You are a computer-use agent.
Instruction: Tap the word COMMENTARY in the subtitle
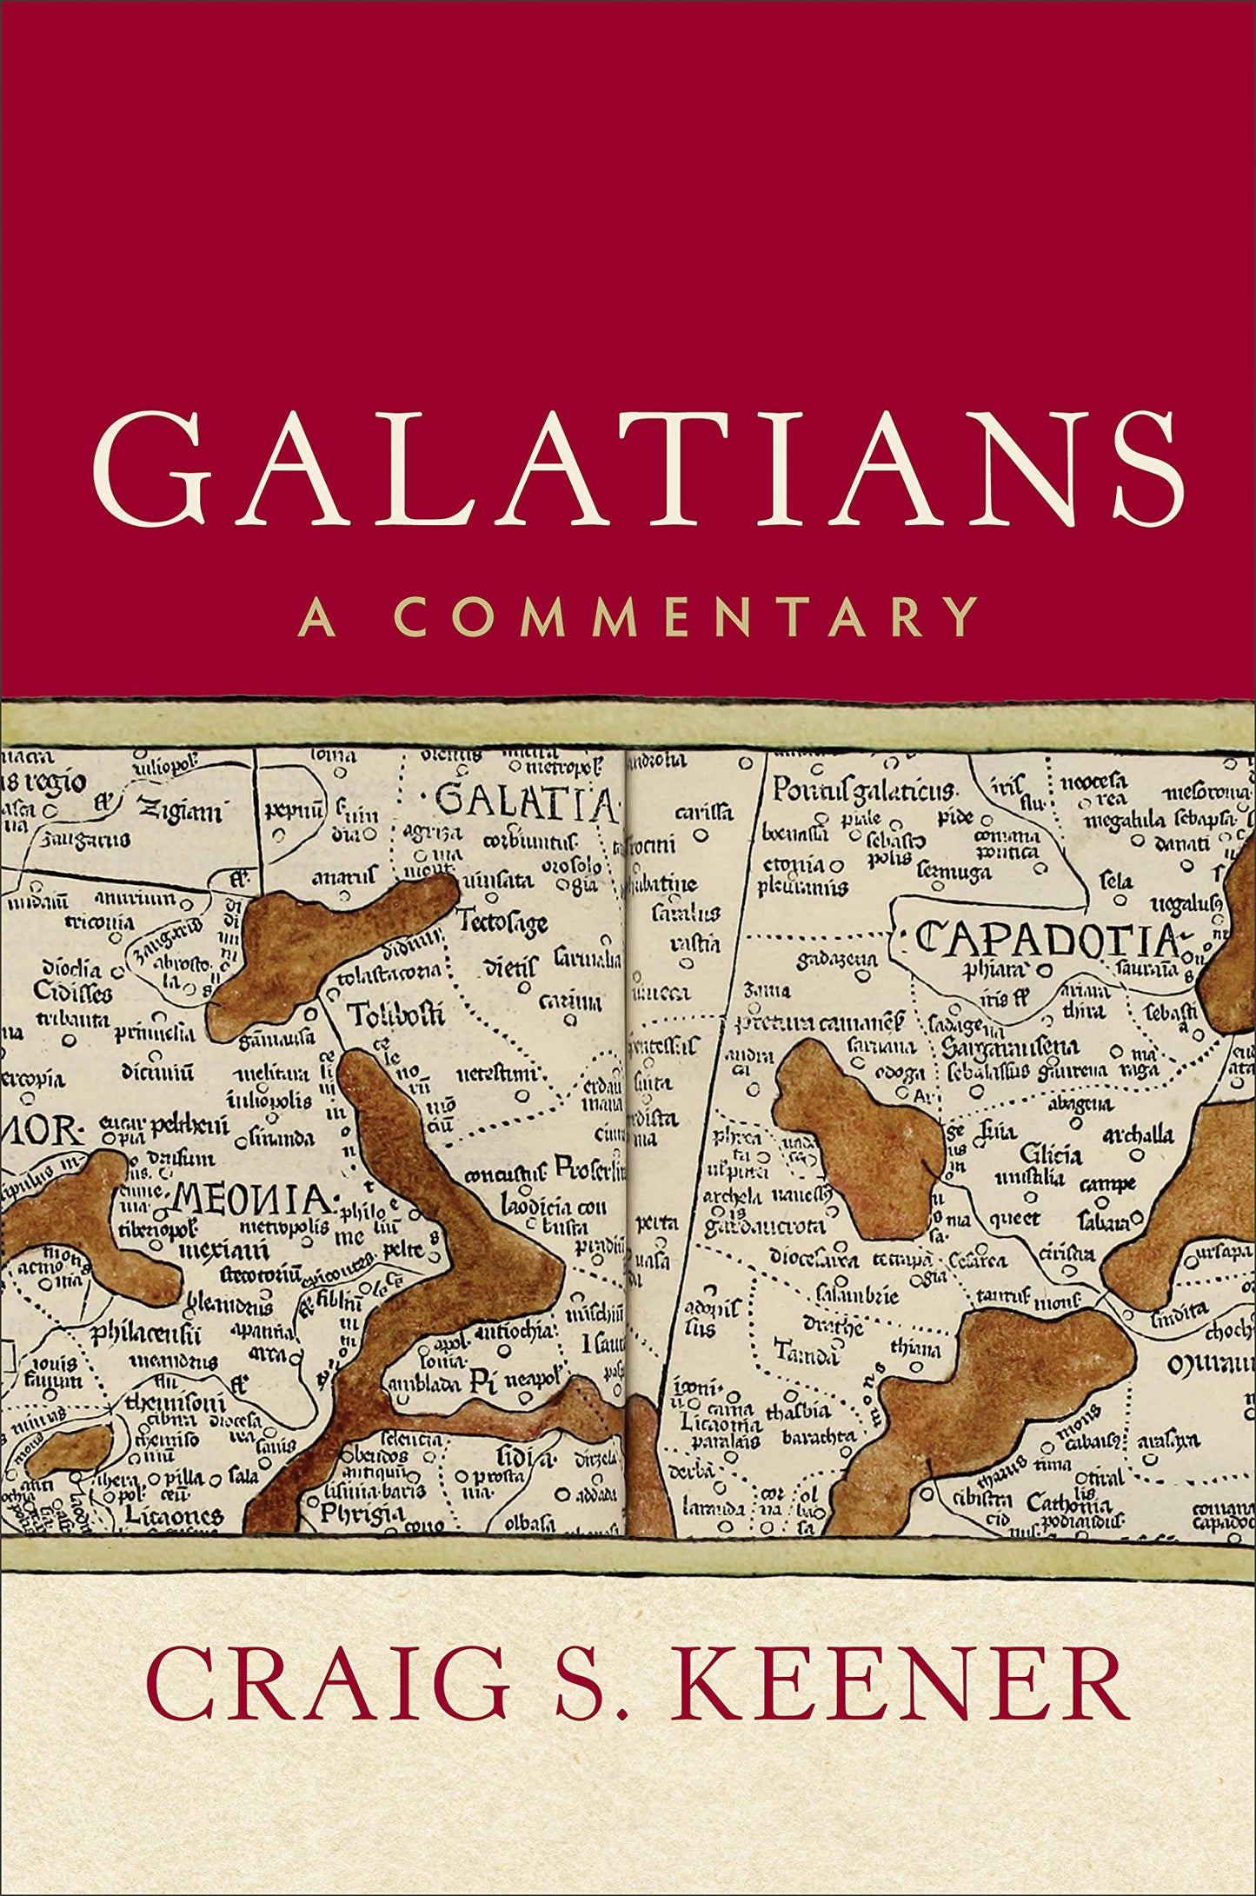pyautogui.click(x=686, y=617)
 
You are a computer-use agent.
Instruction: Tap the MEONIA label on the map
pyautogui.click(x=252, y=1201)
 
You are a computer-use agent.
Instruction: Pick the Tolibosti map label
pyautogui.click(x=395, y=1014)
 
